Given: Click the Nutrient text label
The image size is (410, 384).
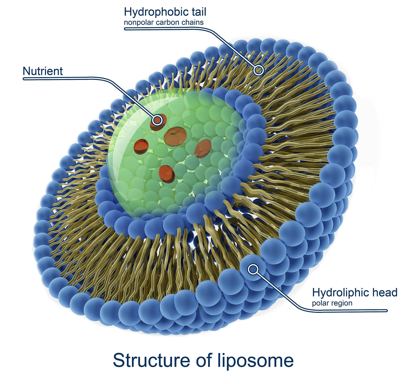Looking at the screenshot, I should click(43, 71).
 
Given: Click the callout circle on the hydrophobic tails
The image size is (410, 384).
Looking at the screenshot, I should click(258, 70).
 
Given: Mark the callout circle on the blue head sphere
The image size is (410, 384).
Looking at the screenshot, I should click(253, 269).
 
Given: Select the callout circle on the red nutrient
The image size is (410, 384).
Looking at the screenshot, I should click(157, 121).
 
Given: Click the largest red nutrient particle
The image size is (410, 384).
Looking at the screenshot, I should click(175, 136).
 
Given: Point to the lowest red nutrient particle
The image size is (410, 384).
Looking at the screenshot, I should click(167, 174).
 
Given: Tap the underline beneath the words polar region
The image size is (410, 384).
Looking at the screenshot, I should click(349, 311).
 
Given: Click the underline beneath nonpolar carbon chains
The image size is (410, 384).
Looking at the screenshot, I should click(165, 29).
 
